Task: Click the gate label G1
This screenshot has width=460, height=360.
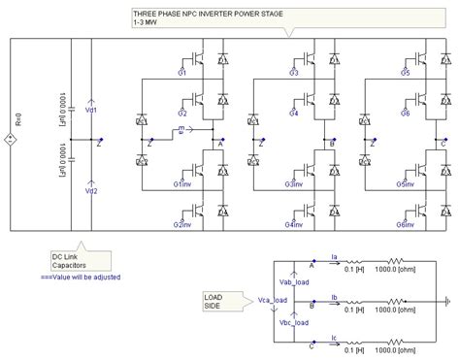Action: pyautogui.click(x=181, y=73)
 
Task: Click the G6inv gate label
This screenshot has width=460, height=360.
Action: pyautogui.click(x=408, y=225)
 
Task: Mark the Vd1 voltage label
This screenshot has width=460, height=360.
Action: pyautogui.click(x=91, y=112)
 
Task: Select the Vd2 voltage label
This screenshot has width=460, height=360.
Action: pyautogui.click(x=91, y=164)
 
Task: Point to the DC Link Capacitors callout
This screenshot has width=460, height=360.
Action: pyautogui.click(x=77, y=261)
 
